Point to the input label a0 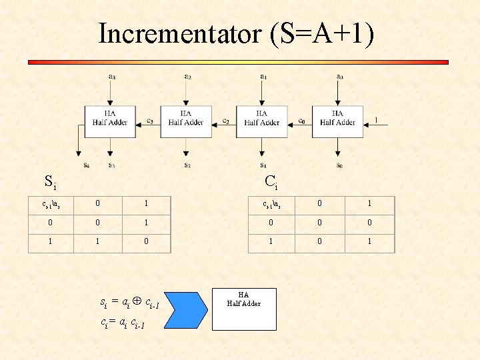[x=339, y=76]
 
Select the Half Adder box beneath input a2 [x=186, y=122]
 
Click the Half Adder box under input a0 [x=337, y=122]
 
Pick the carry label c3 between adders [x=150, y=121]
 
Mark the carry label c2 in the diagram [x=226, y=121]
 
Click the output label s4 [x=86, y=165]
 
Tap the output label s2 [x=187, y=165]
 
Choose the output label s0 [x=339, y=165]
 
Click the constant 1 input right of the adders [x=376, y=121]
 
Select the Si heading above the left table [x=49, y=181]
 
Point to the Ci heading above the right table [x=271, y=181]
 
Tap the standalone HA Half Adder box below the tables [x=243, y=309]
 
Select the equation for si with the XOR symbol [x=129, y=304]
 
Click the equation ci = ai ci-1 [x=123, y=323]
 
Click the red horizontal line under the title [x=238, y=62]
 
